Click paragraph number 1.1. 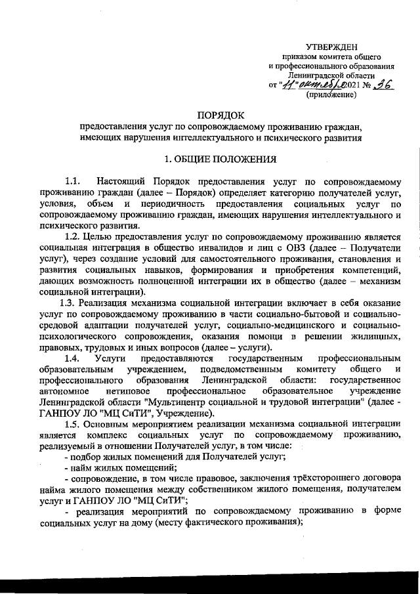pos(72,180)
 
